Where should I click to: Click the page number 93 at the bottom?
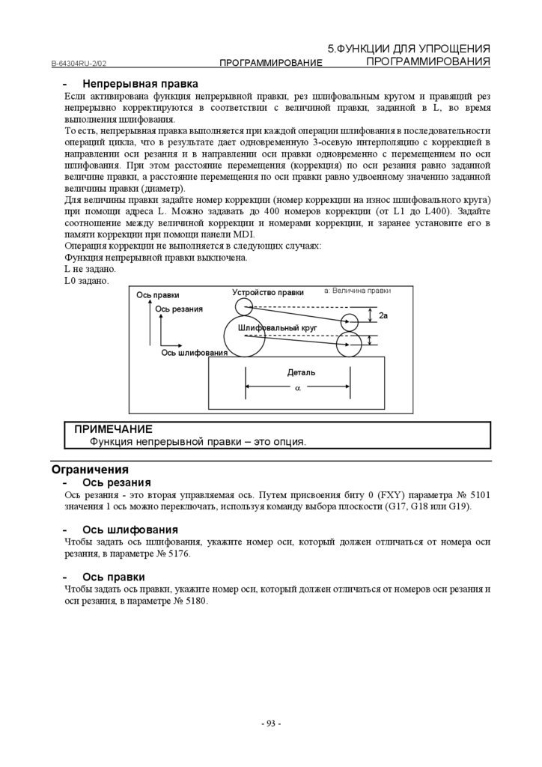(x=270, y=724)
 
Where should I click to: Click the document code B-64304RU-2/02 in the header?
(x=84, y=64)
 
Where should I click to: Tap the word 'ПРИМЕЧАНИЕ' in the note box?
(x=113, y=429)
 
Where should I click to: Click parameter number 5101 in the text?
(x=477, y=495)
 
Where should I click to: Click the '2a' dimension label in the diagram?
(x=383, y=317)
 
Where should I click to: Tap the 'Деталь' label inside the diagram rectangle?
(x=301, y=372)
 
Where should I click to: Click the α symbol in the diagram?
(x=297, y=388)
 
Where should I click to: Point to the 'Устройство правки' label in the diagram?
(x=268, y=293)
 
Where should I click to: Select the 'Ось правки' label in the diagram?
(x=158, y=295)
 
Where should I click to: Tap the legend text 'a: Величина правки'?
(x=357, y=290)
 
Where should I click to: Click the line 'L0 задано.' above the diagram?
(x=86, y=280)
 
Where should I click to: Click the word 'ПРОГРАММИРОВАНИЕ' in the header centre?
(x=270, y=64)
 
